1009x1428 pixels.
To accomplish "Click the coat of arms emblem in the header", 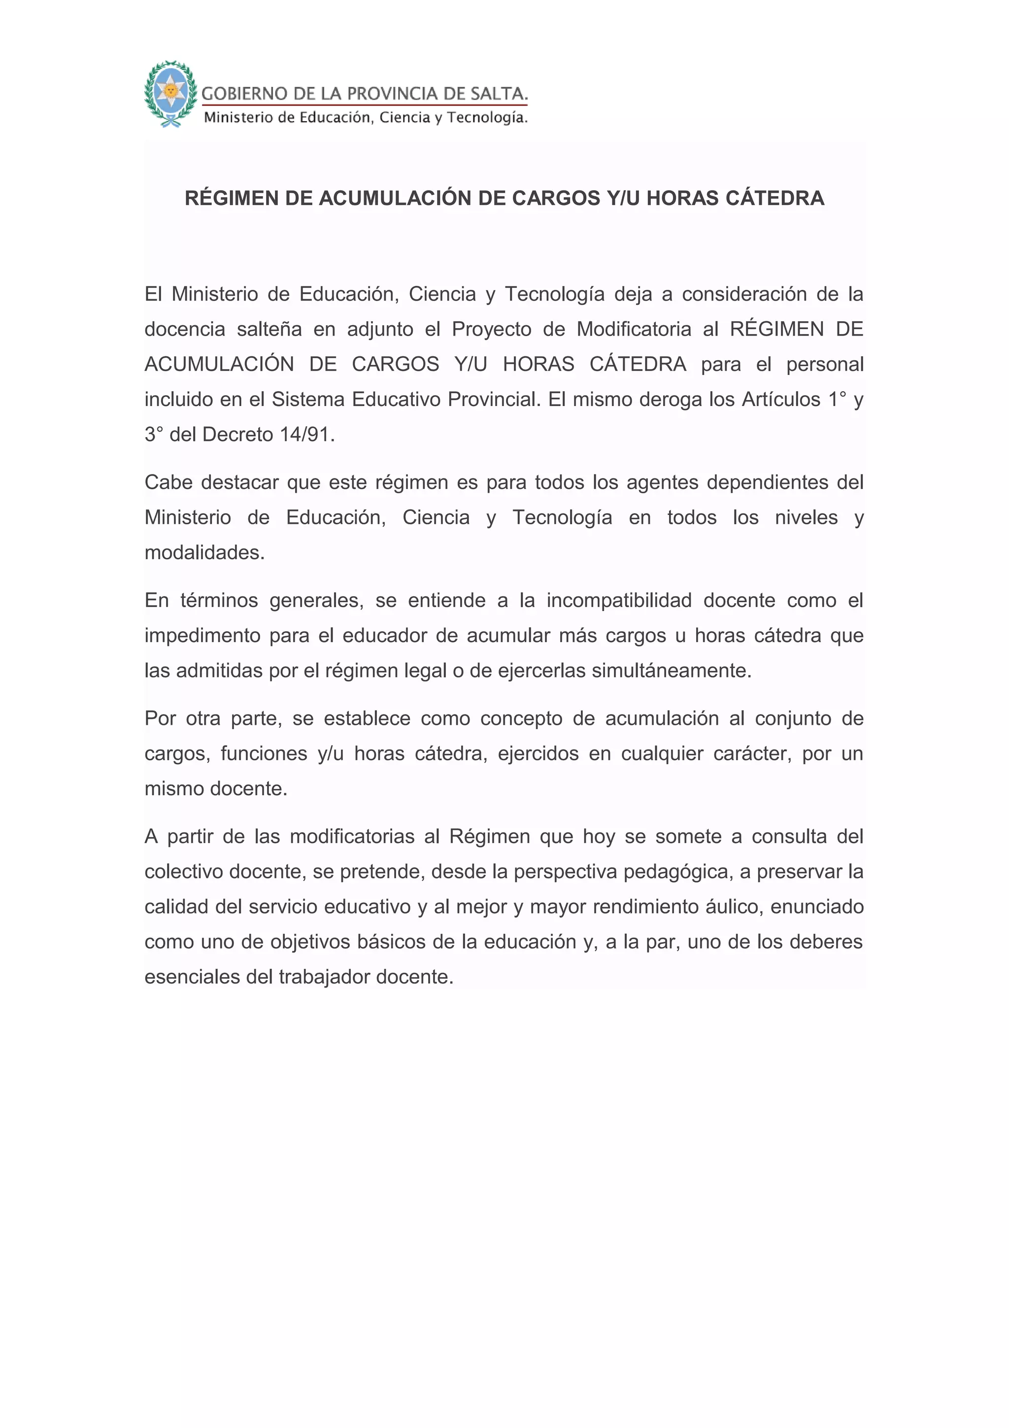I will (x=169, y=94).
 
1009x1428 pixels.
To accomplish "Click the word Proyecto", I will (x=492, y=329).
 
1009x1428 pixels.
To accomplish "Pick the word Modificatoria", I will (x=634, y=329).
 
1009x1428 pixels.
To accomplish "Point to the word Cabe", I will (x=168, y=482).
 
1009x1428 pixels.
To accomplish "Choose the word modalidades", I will (x=204, y=552).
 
